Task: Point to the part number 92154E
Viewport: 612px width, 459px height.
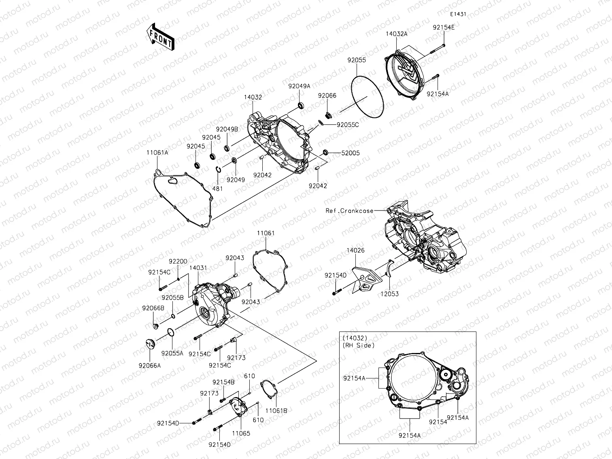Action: click(443, 28)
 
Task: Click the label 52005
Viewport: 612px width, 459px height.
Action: click(350, 153)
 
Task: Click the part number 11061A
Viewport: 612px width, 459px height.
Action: click(157, 153)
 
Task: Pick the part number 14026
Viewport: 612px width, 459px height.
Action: click(355, 251)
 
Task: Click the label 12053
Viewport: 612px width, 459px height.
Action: click(389, 294)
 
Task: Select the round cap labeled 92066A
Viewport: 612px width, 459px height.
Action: click(150, 344)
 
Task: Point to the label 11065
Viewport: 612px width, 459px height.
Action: click(241, 433)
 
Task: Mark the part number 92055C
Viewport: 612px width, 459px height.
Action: click(348, 125)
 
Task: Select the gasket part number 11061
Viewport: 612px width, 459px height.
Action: click(266, 233)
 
